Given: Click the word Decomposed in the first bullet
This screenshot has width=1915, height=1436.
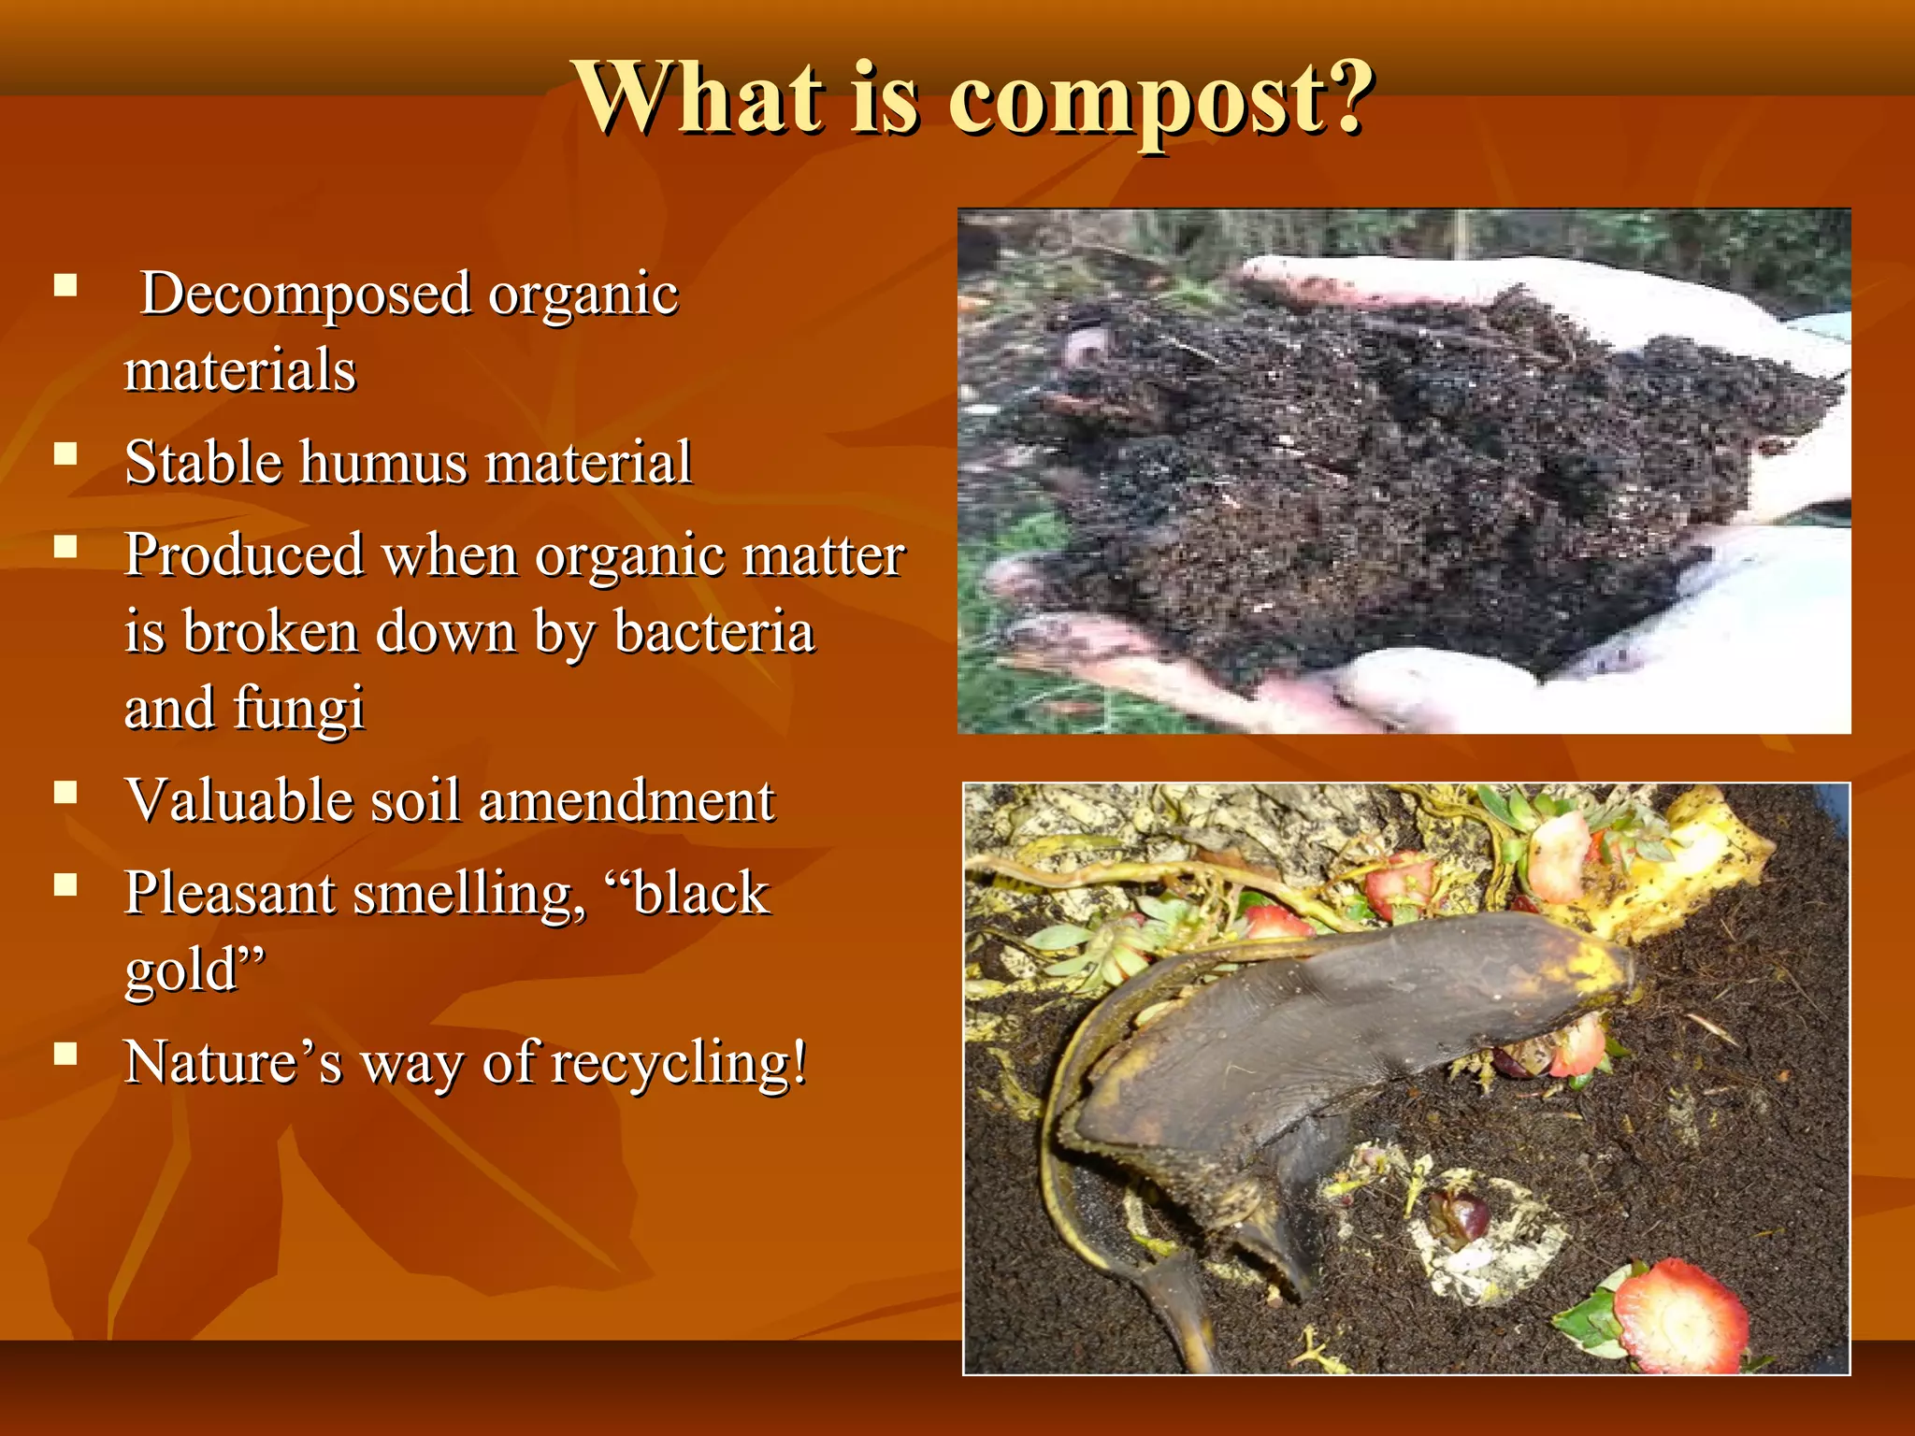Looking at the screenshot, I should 306,294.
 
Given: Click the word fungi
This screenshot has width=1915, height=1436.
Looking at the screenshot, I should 298,709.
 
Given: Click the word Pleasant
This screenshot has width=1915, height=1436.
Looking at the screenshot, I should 229,894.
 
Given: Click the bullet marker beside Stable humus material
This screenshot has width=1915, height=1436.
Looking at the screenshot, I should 65,454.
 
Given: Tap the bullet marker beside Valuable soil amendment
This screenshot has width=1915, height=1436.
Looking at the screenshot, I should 65,793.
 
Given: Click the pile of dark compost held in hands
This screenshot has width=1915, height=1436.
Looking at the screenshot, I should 1384,477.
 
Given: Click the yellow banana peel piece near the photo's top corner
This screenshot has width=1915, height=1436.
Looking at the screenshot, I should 1683,860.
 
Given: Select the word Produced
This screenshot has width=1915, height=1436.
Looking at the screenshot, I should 244,555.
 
